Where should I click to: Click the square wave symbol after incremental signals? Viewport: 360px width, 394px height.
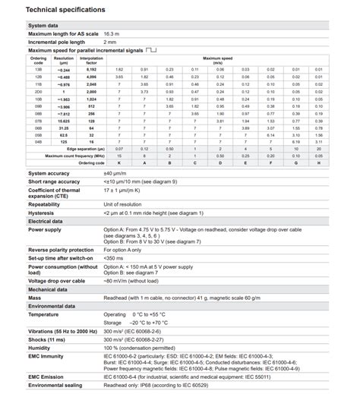[x=153, y=50]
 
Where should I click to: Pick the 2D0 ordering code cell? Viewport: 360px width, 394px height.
[x=39, y=91]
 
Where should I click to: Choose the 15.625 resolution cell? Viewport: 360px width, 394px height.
[x=65, y=120]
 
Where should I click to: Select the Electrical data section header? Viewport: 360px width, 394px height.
[x=46, y=221]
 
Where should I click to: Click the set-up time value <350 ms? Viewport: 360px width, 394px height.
[x=113, y=258]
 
